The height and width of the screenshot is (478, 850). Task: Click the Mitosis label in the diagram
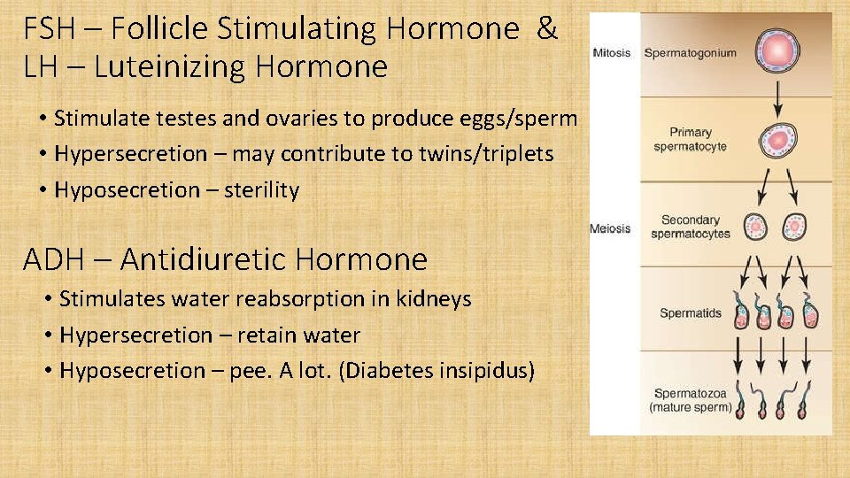612,53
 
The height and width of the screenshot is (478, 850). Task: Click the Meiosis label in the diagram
611,228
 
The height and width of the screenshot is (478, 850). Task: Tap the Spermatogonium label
690,53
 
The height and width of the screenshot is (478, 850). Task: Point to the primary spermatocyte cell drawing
777,139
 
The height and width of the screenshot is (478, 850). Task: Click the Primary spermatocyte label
690,139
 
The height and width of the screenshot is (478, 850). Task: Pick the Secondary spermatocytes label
690,227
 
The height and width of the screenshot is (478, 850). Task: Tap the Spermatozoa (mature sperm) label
690,400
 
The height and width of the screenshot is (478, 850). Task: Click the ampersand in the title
547,29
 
